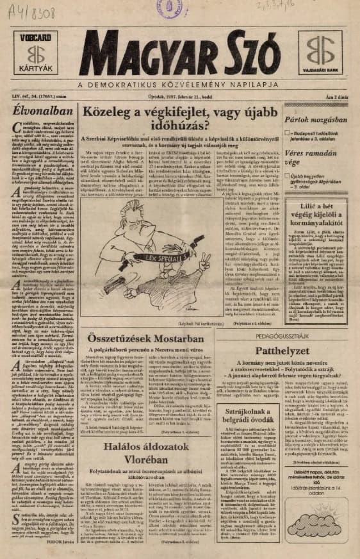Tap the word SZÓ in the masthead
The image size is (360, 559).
pos(250,51)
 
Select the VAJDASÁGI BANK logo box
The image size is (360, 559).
pos(320,53)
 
